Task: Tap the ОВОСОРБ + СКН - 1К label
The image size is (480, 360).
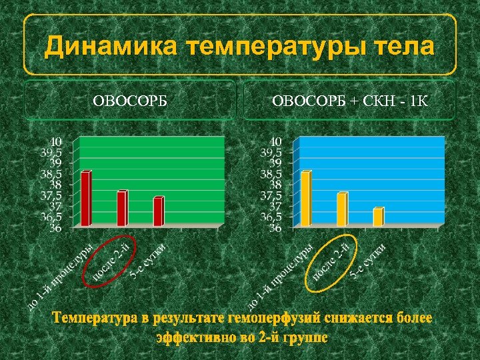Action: pyautogui.click(x=350, y=102)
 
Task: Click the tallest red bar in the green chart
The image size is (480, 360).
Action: pyautogui.click(x=85, y=199)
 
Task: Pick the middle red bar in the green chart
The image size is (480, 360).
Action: pyautogui.click(x=121, y=209)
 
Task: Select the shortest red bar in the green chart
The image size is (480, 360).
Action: pyautogui.click(x=158, y=211)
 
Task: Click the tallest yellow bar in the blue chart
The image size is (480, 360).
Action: pyautogui.click(x=305, y=199)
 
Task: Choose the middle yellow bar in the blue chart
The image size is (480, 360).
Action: pyautogui.click(x=341, y=209)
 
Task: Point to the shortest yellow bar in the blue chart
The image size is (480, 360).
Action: pyautogui.click(x=378, y=217)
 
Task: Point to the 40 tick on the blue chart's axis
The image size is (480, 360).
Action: pyautogui.click(x=276, y=141)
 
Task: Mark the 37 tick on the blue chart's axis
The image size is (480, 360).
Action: pyautogui.click(x=276, y=206)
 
